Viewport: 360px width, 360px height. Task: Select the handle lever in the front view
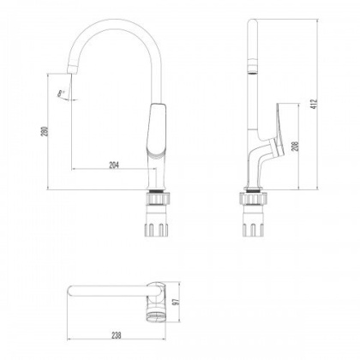(157, 133)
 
